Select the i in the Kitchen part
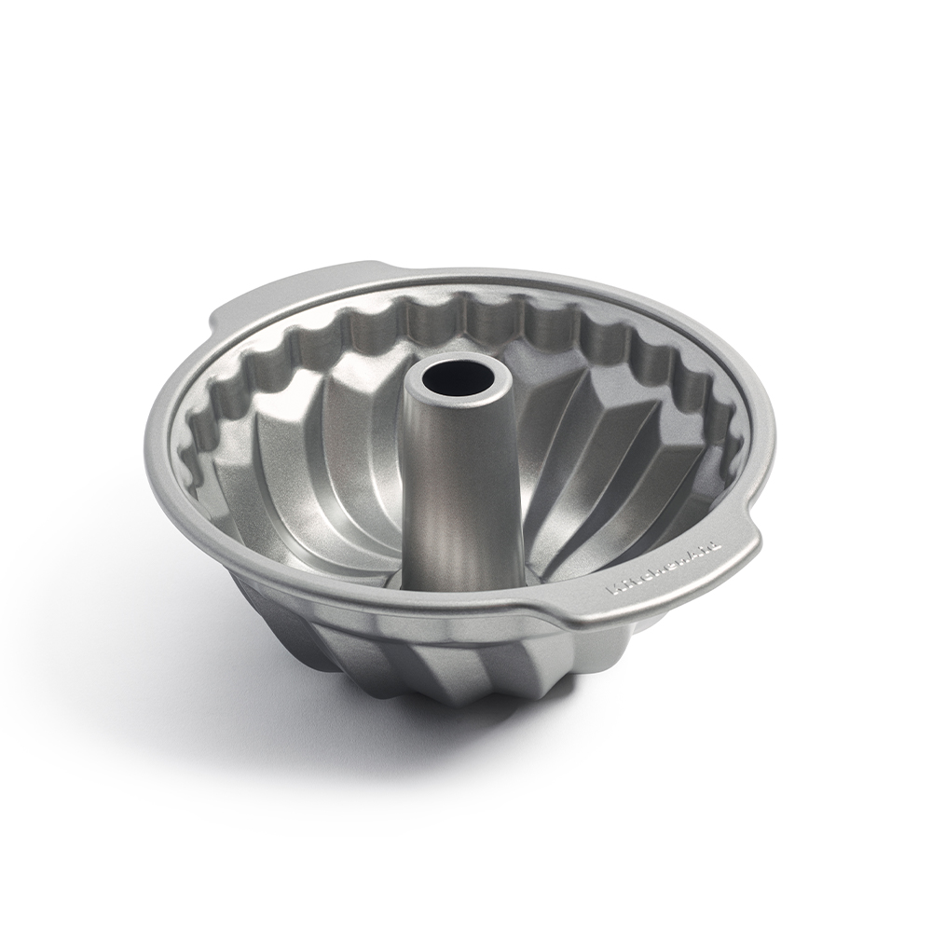click(x=624, y=586)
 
